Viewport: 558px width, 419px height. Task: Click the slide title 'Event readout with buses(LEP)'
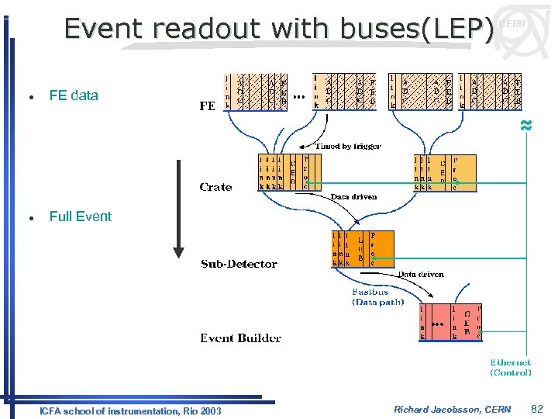[279, 29]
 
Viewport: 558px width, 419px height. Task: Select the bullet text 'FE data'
[74, 95]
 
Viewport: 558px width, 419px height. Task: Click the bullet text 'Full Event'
[80, 216]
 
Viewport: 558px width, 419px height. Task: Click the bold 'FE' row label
[207, 106]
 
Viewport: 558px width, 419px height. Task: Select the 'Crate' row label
[215, 186]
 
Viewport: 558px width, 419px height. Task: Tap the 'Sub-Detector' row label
[239, 264]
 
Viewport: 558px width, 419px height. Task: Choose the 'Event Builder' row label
[240, 338]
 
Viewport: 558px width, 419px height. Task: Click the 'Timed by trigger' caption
[348, 146]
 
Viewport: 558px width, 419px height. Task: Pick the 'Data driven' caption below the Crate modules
[353, 197]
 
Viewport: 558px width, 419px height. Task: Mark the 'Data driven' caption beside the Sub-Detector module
[421, 274]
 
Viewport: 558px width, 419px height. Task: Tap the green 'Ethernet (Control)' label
[510, 367]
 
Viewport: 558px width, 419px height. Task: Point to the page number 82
[538, 408]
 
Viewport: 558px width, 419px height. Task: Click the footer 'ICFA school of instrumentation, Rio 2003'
[130, 410]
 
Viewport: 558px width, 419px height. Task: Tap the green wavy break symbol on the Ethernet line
[526, 126]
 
